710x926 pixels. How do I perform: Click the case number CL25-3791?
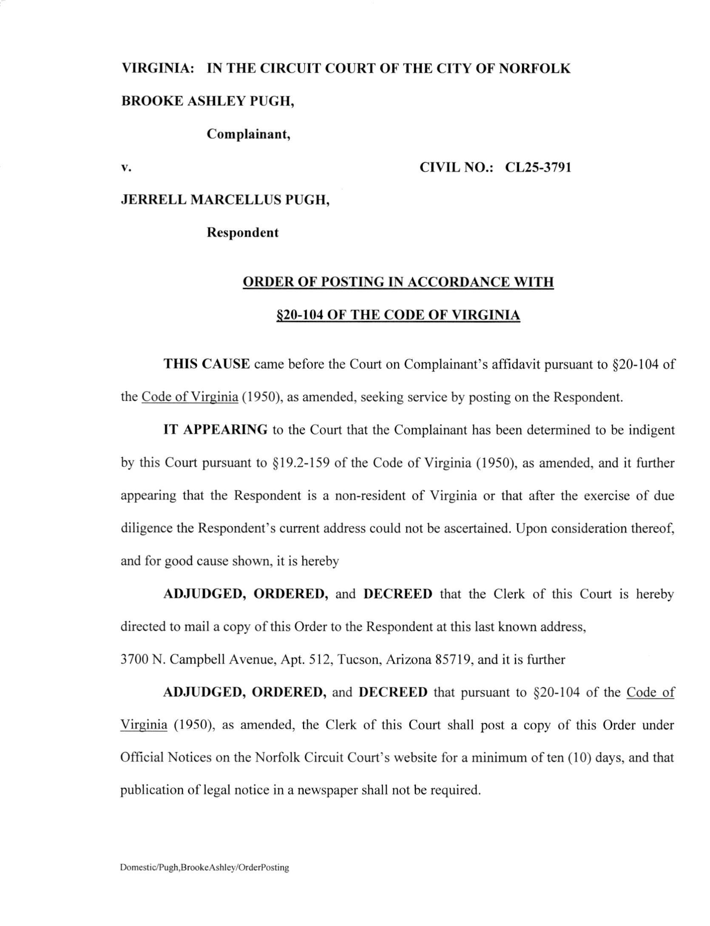tap(538, 167)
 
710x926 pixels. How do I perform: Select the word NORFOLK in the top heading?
tap(534, 68)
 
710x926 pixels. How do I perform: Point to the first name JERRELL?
tap(153, 199)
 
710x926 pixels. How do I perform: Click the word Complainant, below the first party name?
tap(248, 134)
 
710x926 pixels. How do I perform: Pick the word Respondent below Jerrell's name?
tap(242, 233)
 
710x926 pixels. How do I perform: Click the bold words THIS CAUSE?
tap(207, 364)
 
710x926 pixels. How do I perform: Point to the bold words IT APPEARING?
tap(215, 430)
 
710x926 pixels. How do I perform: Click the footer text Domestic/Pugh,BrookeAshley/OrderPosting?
tap(204, 868)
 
